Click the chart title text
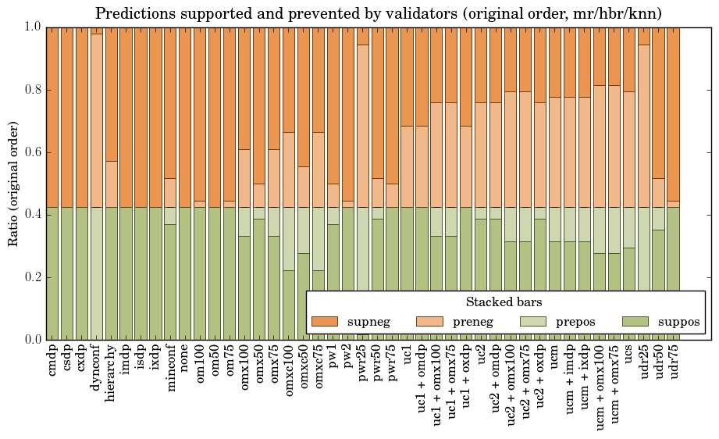pyautogui.click(x=379, y=13)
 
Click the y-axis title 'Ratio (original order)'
pyautogui.click(x=13, y=183)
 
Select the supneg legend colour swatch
pyautogui.click(x=324, y=321)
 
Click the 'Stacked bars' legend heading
pyautogui.click(x=504, y=302)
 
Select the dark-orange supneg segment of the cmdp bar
pyautogui.click(x=52, y=117)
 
